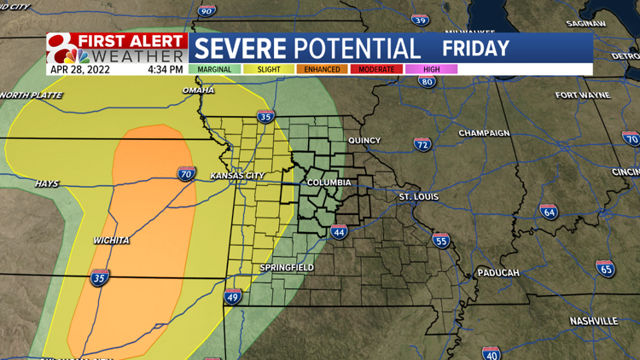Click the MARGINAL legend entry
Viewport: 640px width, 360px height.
pyautogui.click(x=214, y=69)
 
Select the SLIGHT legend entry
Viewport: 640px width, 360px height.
pyautogui.click(x=268, y=69)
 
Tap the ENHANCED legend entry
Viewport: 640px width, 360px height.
pyautogui.click(x=323, y=69)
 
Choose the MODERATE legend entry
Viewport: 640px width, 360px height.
pyautogui.click(x=376, y=69)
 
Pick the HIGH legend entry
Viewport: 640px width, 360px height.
pyautogui.click(x=431, y=69)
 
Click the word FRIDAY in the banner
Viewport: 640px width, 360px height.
pyautogui.click(x=476, y=48)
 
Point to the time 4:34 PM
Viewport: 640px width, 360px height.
pyautogui.click(x=165, y=69)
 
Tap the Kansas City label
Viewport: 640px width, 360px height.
pyautogui.click(x=237, y=176)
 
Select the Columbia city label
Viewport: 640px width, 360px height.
pyautogui.click(x=329, y=183)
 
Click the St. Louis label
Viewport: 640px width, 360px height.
pyautogui.click(x=418, y=196)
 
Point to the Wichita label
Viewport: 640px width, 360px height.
pyautogui.click(x=111, y=241)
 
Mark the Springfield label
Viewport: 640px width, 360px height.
pyautogui.click(x=287, y=268)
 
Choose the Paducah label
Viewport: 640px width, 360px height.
pyautogui.click(x=498, y=272)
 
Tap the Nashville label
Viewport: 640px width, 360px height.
pyautogui.click(x=593, y=321)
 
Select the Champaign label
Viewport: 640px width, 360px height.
pyautogui.click(x=484, y=133)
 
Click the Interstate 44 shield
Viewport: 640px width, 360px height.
pyautogui.click(x=339, y=231)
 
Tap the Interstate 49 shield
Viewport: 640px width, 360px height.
pyautogui.click(x=232, y=297)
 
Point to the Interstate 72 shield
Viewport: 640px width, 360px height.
pyautogui.click(x=422, y=145)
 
